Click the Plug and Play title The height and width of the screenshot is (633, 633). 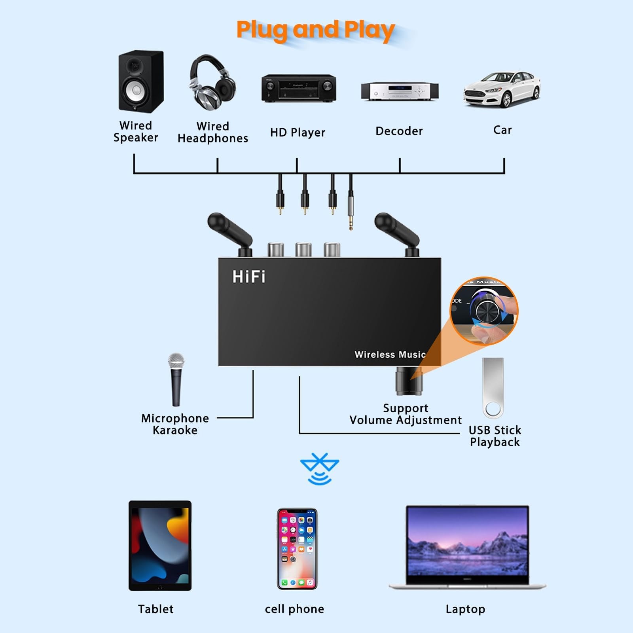(315, 30)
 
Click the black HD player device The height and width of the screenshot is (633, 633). (299, 88)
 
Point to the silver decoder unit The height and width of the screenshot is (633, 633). (400, 91)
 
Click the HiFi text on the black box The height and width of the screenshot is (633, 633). (249, 277)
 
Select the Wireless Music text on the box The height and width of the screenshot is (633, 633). (390, 354)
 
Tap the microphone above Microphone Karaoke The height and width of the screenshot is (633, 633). (176, 379)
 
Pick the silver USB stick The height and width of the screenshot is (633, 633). (493, 388)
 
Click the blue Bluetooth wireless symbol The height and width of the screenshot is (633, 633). (319, 469)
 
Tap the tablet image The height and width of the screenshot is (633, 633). (160, 546)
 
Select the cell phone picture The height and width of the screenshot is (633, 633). (297, 549)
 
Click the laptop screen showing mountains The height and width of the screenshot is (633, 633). (467, 540)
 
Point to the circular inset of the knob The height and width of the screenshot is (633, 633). (484, 311)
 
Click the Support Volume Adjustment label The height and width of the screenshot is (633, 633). (406, 414)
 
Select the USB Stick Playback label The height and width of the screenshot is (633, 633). (495, 436)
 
